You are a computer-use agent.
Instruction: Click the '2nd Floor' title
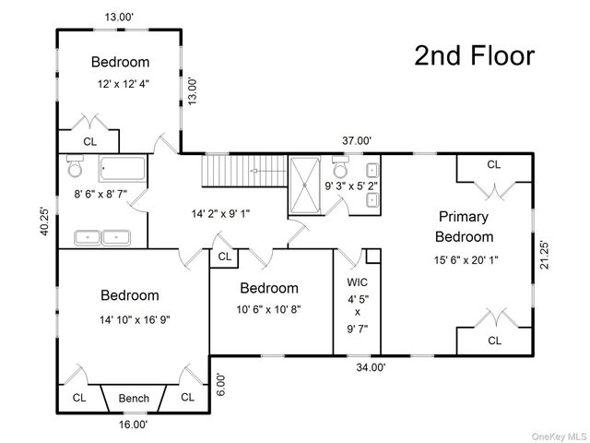[475, 55]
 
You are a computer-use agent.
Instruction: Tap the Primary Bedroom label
[464, 227]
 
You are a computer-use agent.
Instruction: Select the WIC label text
[357, 281]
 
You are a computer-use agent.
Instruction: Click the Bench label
[134, 398]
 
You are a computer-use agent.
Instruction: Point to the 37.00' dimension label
[357, 141]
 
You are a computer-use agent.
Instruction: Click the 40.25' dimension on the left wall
[45, 221]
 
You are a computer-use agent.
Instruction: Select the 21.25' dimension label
[544, 255]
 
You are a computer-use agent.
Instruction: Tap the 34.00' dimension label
[371, 367]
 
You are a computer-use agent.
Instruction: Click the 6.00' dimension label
[221, 384]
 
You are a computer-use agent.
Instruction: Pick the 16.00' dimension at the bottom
[133, 425]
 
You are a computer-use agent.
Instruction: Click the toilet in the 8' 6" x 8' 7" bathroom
[75, 166]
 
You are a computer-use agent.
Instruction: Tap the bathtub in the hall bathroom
[123, 169]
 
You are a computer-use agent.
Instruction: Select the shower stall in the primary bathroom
[305, 186]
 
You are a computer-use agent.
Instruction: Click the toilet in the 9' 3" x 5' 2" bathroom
[341, 167]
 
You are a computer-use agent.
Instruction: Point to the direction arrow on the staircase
[268, 171]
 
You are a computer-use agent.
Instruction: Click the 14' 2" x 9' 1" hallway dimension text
[221, 214]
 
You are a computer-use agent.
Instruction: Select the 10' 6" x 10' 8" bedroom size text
[268, 310]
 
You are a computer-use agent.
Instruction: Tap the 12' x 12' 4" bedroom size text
[124, 84]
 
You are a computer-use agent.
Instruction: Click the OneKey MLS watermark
[560, 437]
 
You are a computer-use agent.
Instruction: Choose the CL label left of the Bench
[79, 398]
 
